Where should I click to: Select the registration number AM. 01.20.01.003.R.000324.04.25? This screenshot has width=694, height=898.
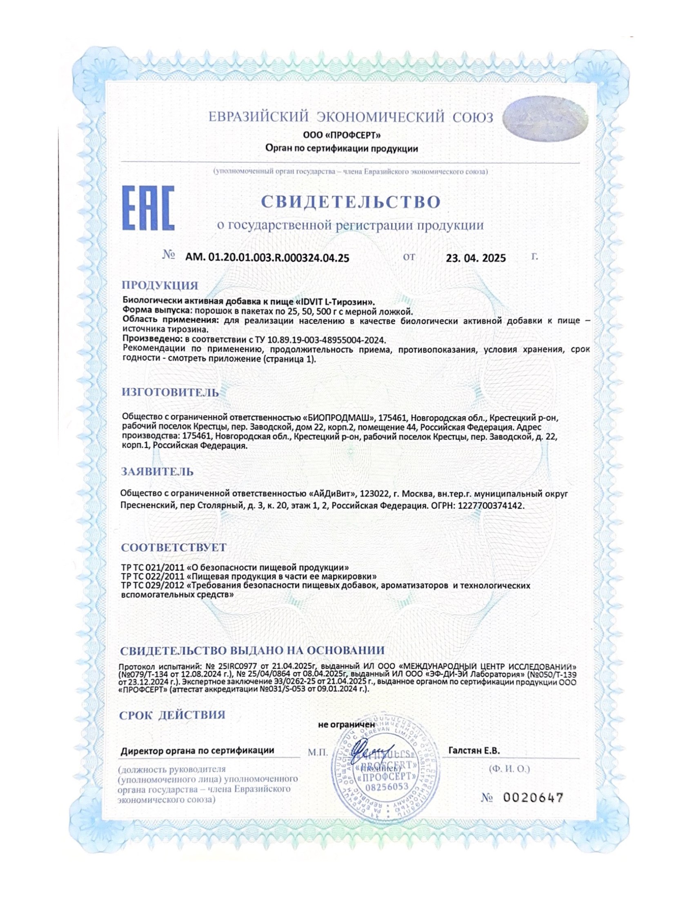[267, 258]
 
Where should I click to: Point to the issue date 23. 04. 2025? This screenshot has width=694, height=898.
[476, 258]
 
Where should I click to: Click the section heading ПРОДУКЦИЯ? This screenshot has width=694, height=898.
[160, 285]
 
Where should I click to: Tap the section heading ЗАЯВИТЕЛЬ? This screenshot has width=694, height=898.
[157, 471]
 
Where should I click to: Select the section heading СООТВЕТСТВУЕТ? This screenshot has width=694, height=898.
[173, 547]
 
